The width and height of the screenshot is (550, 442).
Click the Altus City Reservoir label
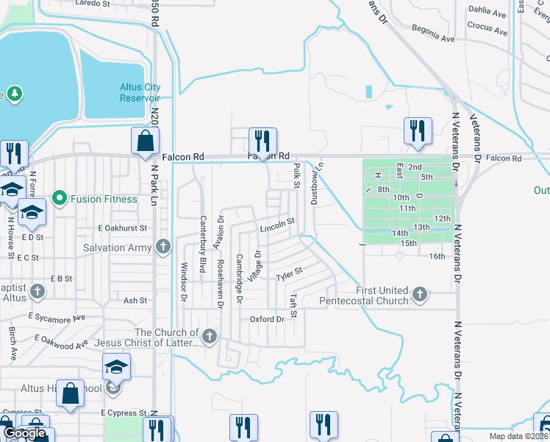(140, 92)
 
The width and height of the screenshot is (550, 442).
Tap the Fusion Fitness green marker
(60, 199)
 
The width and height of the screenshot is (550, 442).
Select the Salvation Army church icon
(163, 246)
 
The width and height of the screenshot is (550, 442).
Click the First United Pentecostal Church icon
(419, 295)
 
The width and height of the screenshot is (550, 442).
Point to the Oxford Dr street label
(267, 319)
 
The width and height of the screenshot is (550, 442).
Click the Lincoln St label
(277, 222)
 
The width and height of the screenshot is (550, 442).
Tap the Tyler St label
(289, 275)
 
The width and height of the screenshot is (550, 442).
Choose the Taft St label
(293, 306)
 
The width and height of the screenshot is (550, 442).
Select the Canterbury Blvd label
(203, 234)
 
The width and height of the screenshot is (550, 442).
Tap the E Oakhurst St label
(123, 228)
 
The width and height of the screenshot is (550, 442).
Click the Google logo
(24, 433)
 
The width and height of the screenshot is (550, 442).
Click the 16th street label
(438, 256)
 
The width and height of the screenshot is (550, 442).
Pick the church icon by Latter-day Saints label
(210, 337)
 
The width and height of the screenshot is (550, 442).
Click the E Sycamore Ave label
(57, 317)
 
